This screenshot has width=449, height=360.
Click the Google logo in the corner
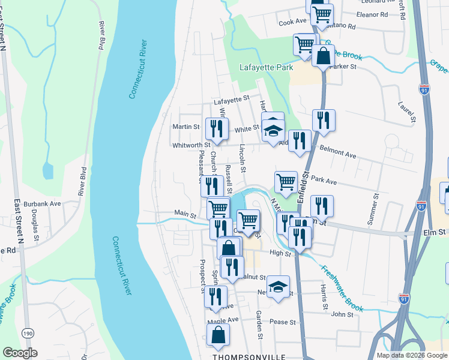(x=20, y=353)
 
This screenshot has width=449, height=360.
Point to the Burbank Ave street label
(x=47, y=203)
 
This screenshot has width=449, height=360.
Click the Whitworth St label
(x=191, y=145)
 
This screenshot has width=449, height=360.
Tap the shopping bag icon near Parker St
(x=323, y=56)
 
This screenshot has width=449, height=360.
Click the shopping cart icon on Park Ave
(x=286, y=182)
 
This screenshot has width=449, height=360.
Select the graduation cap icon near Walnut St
(x=278, y=286)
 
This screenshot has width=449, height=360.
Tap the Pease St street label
(x=283, y=322)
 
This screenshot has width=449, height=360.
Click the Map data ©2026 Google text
(x=412, y=355)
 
